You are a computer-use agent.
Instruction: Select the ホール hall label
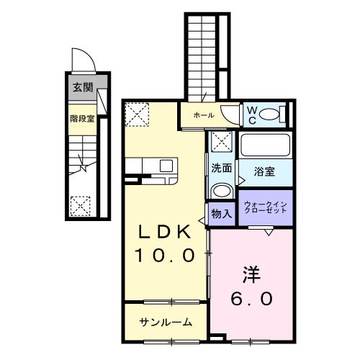coord(203,114)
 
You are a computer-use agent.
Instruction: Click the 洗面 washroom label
coord(221,168)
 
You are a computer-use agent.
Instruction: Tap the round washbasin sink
coord(221,190)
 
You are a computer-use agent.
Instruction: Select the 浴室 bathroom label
coord(265,172)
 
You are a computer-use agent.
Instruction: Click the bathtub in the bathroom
coord(265,145)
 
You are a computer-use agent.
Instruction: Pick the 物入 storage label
coord(221,213)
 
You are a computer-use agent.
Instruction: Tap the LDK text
coord(165,233)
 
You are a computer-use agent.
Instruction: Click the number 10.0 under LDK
coord(165,256)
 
